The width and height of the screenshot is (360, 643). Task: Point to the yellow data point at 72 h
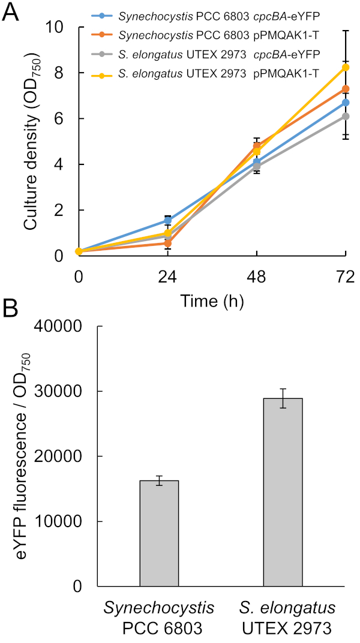pos(345,68)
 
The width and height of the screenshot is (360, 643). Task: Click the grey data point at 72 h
pos(345,116)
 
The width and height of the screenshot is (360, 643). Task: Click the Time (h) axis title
pos(211,302)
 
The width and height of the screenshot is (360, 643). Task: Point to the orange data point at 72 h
pos(345,89)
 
